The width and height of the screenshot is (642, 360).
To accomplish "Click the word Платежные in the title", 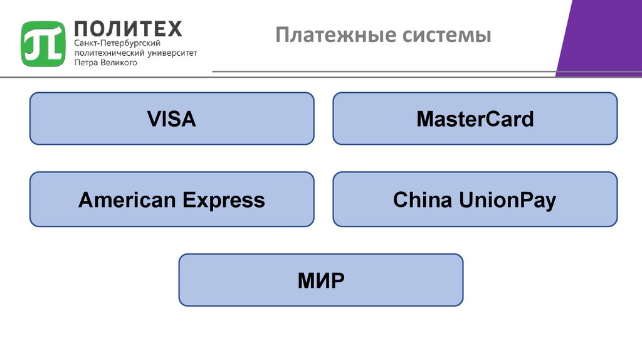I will (327, 34).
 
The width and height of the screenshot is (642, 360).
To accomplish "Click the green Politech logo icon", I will (43, 43).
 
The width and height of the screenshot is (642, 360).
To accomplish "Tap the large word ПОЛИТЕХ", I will (128, 28).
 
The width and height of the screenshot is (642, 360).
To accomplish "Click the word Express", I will (224, 201).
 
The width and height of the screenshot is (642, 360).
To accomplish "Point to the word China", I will (422, 200).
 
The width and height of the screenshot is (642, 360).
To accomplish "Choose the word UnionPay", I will (507, 201).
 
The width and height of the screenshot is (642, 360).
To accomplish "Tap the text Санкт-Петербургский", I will (117, 44).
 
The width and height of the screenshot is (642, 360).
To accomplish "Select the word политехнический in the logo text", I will (110, 53).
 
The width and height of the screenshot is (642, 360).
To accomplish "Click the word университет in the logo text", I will (172, 53).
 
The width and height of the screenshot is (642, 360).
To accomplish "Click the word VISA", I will (171, 119).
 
